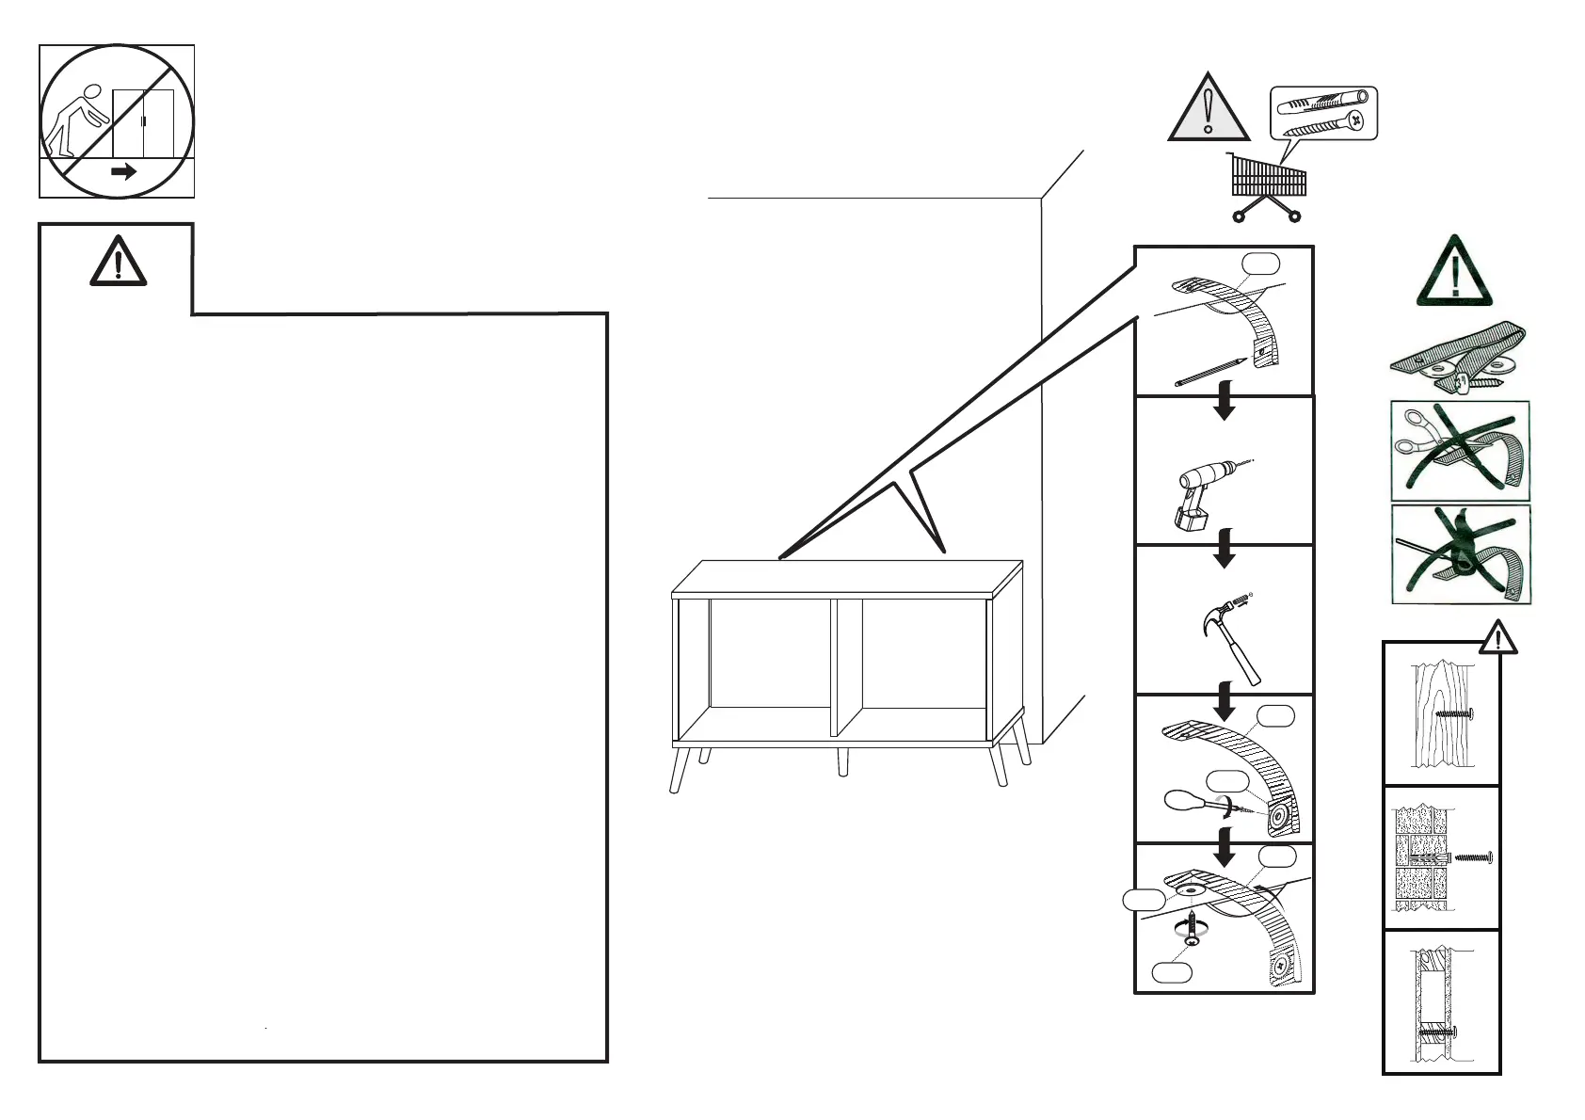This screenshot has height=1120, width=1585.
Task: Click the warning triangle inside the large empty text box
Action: point(118,261)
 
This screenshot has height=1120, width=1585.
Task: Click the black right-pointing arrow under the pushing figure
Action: point(123,172)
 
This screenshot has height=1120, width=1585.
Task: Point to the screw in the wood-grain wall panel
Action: point(1453,714)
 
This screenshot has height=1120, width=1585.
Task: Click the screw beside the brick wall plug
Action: point(1474,857)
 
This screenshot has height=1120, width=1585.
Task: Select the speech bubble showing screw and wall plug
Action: point(1323,113)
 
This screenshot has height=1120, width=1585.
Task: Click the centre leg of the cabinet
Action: point(842,762)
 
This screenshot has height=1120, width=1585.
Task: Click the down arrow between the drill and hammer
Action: point(1224,548)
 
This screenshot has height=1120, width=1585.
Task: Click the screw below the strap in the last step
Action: point(1193,930)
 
